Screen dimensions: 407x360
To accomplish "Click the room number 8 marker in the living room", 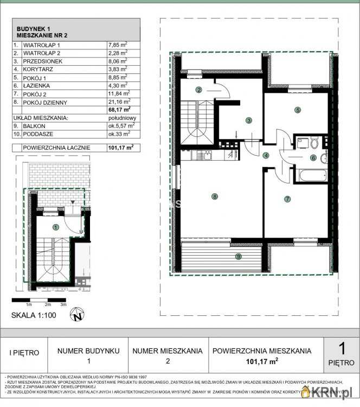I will pyautogui.click(x=215, y=196).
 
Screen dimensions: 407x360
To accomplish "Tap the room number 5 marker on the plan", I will pyautogui.click(x=298, y=110).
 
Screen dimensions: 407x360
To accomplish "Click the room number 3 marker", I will pyautogui.click(x=248, y=120).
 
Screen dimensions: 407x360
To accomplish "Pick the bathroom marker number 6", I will pyautogui.click(x=313, y=158).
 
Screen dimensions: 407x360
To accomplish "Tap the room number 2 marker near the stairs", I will pyautogui.click(x=199, y=90).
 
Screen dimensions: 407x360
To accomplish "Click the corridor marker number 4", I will pyautogui.click(x=266, y=156).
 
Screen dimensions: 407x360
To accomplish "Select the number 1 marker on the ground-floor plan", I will pyautogui.click(x=55, y=227).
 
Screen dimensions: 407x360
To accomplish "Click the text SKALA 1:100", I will pyautogui.click(x=33, y=315).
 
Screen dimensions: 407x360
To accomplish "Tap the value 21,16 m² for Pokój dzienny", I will pyautogui.click(x=118, y=101).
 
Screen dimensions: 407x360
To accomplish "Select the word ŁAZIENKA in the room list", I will pyautogui.click(x=37, y=85).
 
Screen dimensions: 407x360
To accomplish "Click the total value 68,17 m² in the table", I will pyautogui.click(x=119, y=109).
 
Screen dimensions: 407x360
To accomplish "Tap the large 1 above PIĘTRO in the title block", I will pyautogui.click(x=342, y=347).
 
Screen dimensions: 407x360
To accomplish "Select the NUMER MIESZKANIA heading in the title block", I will pyautogui.click(x=168, y=351).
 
